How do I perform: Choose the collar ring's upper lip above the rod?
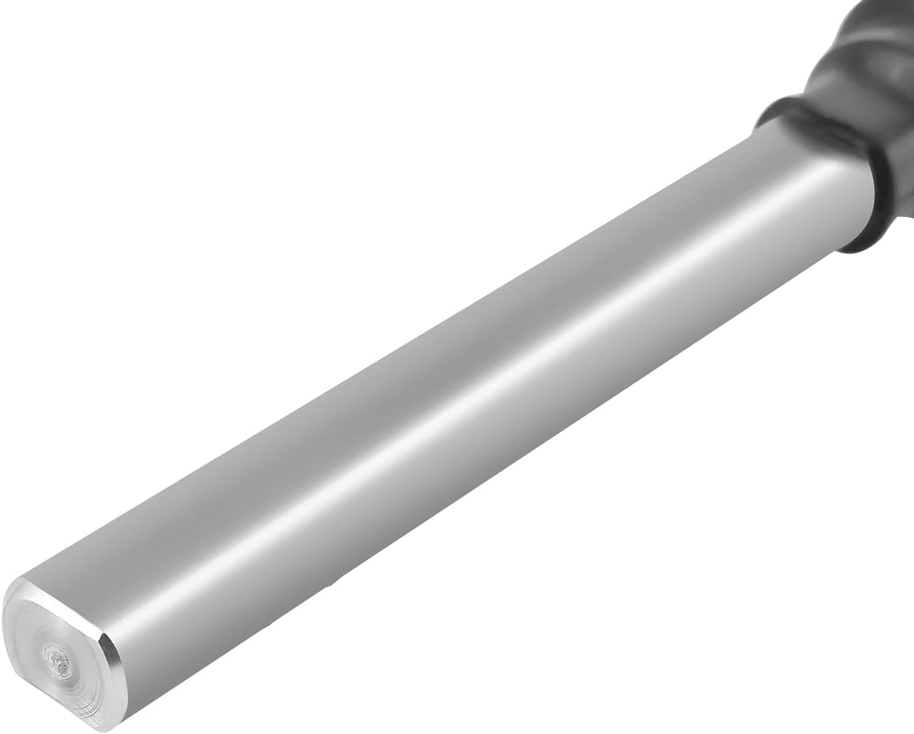tap(779, 110)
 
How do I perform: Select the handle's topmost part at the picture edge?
tap(885, 6)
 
